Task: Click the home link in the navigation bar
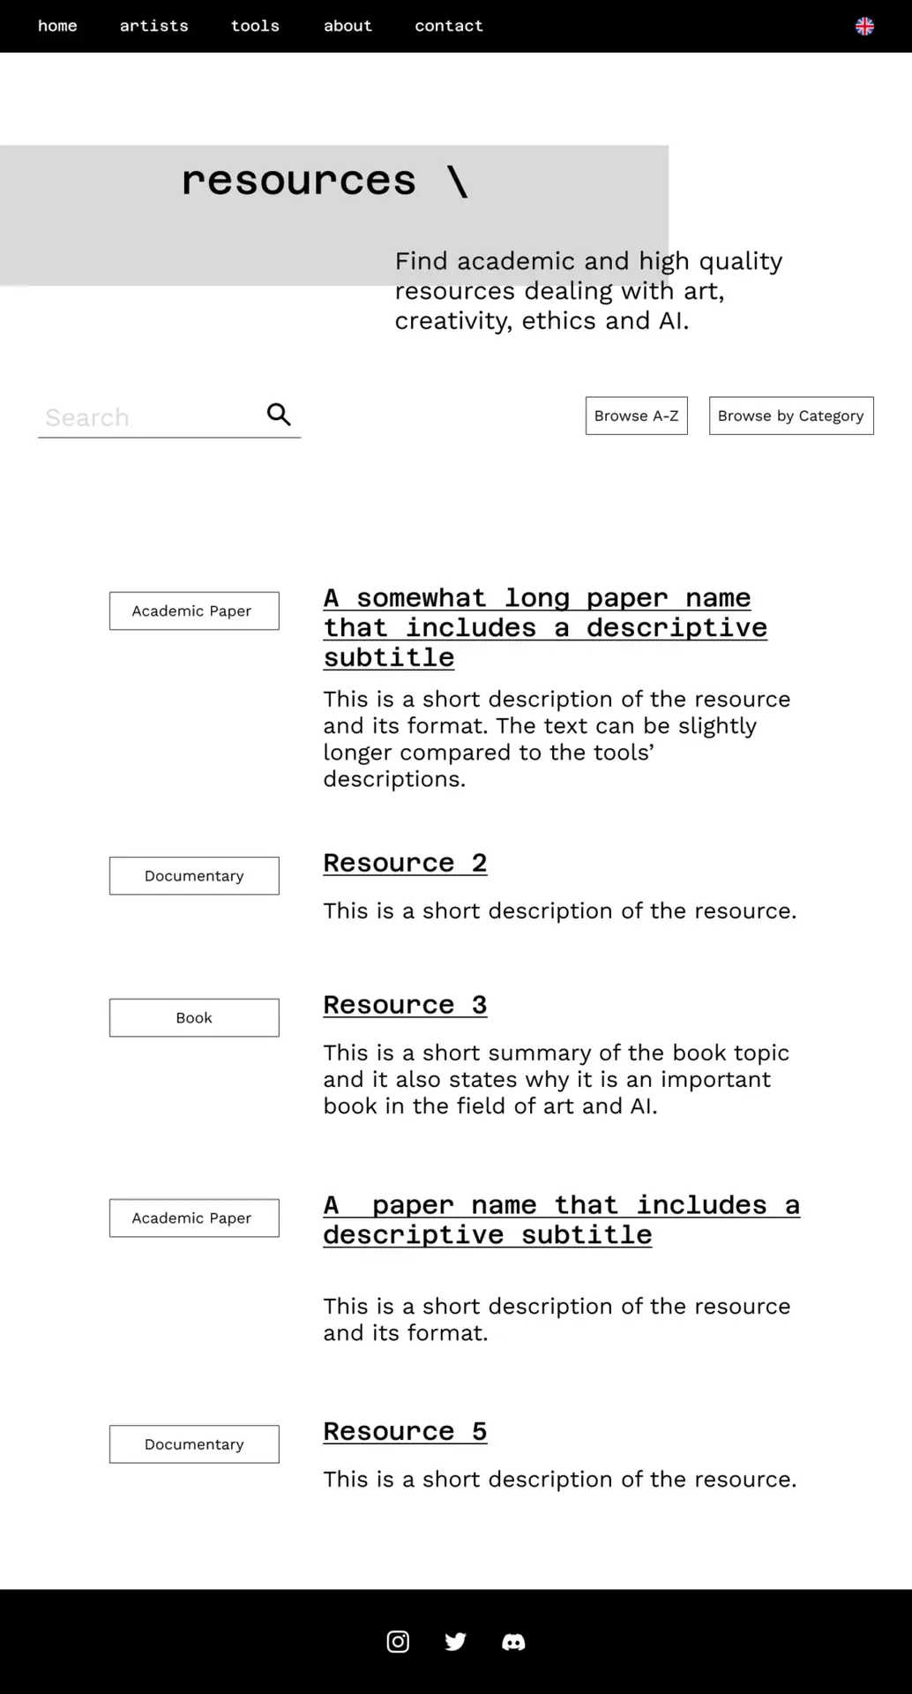[57, 26]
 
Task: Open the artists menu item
[153, 26]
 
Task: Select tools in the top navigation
[255, 26]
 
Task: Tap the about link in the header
[348, 26]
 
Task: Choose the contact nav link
[449, 26]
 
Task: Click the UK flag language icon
[864, 26]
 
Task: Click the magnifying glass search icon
[279, 415]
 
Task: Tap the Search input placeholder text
[87, 417]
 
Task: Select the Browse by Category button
[790, 416]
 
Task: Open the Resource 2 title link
[405, 863]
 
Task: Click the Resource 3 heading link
[405, 1005]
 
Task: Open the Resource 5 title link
[405, 1431]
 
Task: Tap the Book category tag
[194, 1018]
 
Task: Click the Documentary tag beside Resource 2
[194, 876]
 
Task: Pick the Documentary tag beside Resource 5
[194, 1444]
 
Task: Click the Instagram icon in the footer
[398, 1641]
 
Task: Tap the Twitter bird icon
[455, 1641]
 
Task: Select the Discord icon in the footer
[513, 1642]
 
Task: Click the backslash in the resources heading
[457, 182]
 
